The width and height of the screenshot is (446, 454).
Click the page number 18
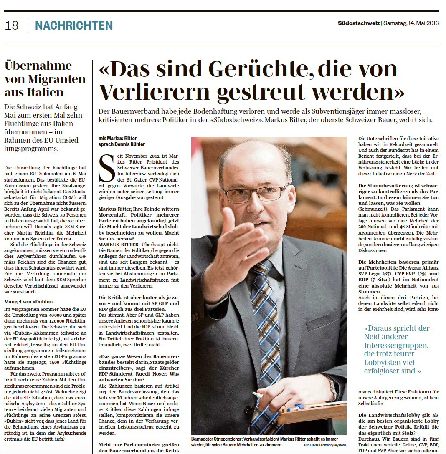12,25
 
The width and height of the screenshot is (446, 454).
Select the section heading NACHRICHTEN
74,25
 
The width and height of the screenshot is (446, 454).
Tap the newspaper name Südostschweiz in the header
359,23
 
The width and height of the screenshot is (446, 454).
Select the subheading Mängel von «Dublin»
29,301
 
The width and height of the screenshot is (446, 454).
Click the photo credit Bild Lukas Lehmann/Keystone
322,445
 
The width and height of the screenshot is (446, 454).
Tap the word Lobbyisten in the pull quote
384,362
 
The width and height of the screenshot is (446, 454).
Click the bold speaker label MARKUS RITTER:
117,244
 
